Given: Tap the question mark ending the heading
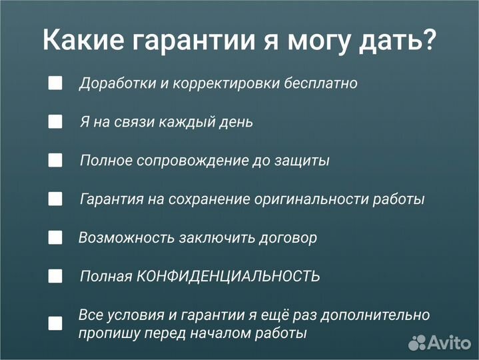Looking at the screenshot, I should click(x=430, y=40).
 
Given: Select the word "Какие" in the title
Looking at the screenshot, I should click(x=82, y=40).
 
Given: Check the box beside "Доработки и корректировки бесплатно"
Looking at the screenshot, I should click(x=55, y=83).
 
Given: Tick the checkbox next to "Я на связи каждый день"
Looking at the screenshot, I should click(x=55, y=122).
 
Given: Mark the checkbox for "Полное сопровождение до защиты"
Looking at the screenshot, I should click(x=55, y=161).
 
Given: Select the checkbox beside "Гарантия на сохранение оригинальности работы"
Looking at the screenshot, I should click(x=55, y=199).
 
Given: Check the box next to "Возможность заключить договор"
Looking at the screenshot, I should click(x=55, y=237).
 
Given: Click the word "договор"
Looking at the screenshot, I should click(x=287, y=238).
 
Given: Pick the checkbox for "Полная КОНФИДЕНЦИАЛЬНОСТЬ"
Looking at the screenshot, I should click(x=55, y=276).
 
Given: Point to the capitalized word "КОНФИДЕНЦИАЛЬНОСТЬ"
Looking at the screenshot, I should click(x=229, y=277).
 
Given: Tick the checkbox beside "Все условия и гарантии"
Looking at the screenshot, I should click(x=55, y=323).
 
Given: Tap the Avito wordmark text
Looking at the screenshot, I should click(x=450, y=343).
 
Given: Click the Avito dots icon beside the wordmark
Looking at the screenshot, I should click(x=417, y=343).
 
